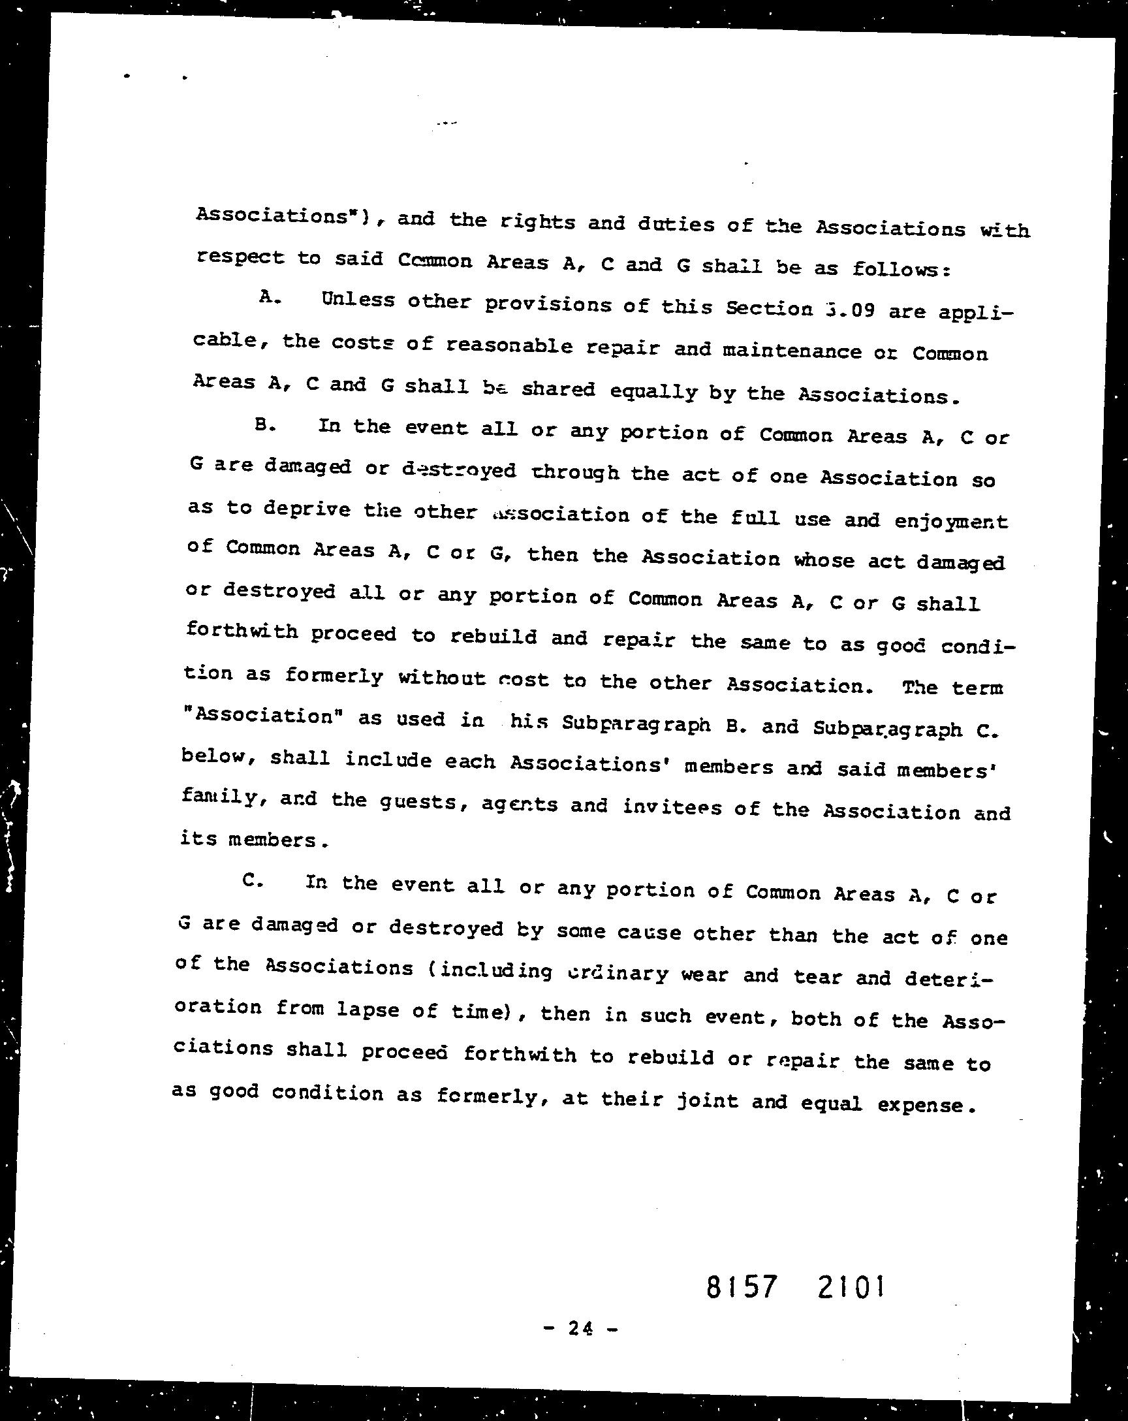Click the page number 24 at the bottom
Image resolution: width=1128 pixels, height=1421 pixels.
pos(580,1329)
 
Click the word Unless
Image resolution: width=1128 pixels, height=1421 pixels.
pos(358,300)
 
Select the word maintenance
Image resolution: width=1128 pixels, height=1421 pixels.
pos(791,351)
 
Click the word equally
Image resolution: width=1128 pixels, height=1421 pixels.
pos(653,392)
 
